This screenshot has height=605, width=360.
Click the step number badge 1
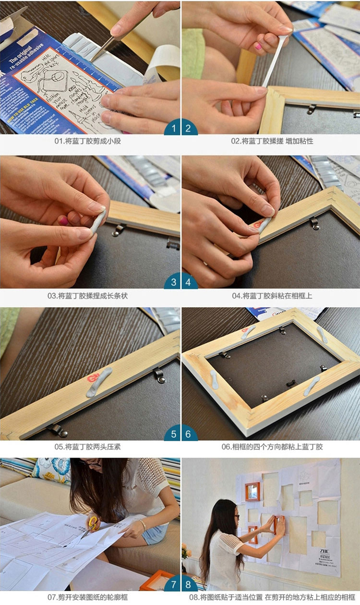[173, 128]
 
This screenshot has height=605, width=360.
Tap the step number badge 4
[188, 282]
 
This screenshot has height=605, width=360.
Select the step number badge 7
[173, 585]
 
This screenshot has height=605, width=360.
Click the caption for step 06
[272, 447]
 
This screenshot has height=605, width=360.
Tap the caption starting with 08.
[272, 598]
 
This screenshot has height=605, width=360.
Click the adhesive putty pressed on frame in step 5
[99, 382]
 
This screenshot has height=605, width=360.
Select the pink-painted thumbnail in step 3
[63, 221]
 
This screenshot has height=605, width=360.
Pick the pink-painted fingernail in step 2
[258, 47]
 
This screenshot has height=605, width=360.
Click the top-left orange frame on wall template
[252, 491]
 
